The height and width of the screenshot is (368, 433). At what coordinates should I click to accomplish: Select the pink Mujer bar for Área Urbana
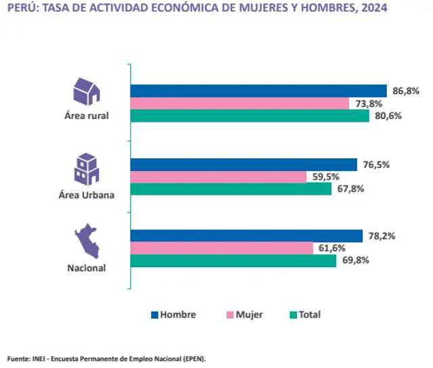pyautogui.click(x=218, y=177)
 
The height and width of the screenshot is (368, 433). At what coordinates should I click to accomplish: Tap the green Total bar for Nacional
pyautogui.click(x=233, y=261)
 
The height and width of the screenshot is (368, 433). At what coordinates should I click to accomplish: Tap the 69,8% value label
pyautogui.click(x=353, y=261)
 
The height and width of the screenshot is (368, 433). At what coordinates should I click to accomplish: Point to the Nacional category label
pyautogui.click(x=87, y=268)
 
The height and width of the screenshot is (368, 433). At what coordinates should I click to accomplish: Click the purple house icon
pyautogui.click(x=87, y=91)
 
